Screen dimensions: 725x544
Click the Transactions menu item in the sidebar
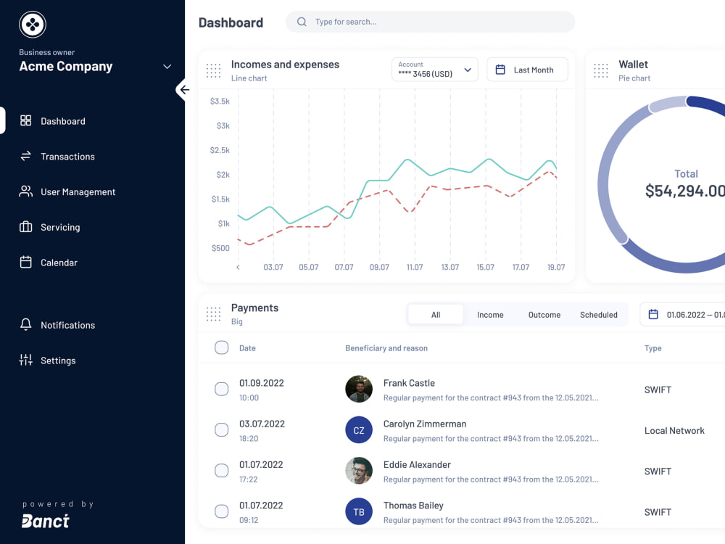[x=57, y=157]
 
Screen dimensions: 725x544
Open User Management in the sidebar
[x=67, y=191]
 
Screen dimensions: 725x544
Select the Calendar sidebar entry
[x=49, y=263]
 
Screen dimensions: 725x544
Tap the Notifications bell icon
[x=26, y=325]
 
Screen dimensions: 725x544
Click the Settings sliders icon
[x=26, y=360]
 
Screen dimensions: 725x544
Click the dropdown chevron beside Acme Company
[x=167, y=67]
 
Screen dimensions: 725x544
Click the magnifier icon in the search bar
[x=302, y=22]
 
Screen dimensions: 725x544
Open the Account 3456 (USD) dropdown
[x=434, y=70]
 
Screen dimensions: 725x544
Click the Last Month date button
[x=527, y=70]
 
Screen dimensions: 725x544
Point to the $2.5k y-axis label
[x=220, y=150]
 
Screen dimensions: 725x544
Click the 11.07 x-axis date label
[x=415, y=267]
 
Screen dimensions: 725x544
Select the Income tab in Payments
[x=490, y=315]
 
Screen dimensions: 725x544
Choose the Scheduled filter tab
[x=599, y=315]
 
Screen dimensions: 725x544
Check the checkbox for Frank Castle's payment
[x=221, y=389]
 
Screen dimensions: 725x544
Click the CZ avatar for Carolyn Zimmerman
[x=359, y=429]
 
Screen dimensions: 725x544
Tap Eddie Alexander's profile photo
[x=359, y=471]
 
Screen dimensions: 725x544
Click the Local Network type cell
[x=674, y=430]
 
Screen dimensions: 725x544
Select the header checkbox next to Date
[x=221, y=347]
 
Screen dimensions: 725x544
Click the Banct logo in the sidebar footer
[x=46, y=521]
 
